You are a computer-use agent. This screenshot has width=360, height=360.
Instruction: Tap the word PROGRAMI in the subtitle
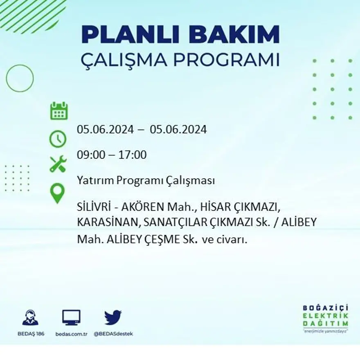pyautogui.click(x=226, y=60)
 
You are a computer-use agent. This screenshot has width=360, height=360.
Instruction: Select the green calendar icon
pyautogui.click(x=59, y=111)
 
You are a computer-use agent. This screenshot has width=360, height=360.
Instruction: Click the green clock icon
pyautogui.click(x=58, y=139)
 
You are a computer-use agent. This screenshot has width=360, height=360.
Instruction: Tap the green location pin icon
pyautogui.click(x=58, y=193)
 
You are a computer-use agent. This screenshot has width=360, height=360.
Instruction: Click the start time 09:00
pyautogui.click(x=90, y=155)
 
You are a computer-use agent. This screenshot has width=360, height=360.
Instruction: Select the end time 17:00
pyautogui.click(x=133, y=155)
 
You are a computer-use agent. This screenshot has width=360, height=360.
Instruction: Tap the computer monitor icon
pyautogui.click(x=71, y=317)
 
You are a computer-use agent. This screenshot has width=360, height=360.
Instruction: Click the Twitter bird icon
pyautogui.click(x=113, y=317)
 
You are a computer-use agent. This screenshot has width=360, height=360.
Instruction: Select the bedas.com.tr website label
pyautogui.click(x=72, y=334)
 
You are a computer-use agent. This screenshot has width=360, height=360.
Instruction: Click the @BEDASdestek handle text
pyautogui.click(x=113, y=334)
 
